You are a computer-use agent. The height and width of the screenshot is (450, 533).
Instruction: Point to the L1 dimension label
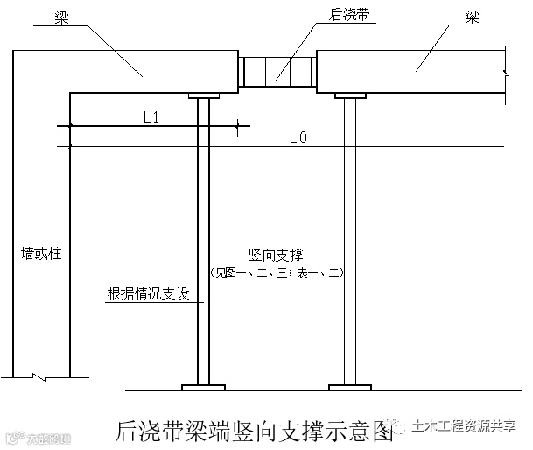[x=150, y=116]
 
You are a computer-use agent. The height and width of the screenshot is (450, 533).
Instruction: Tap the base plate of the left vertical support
[x=203, y=385]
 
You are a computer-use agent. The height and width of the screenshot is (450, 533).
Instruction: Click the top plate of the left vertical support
[x=203, y=93]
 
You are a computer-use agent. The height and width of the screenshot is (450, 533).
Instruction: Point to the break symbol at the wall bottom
[x=40, y=378]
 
